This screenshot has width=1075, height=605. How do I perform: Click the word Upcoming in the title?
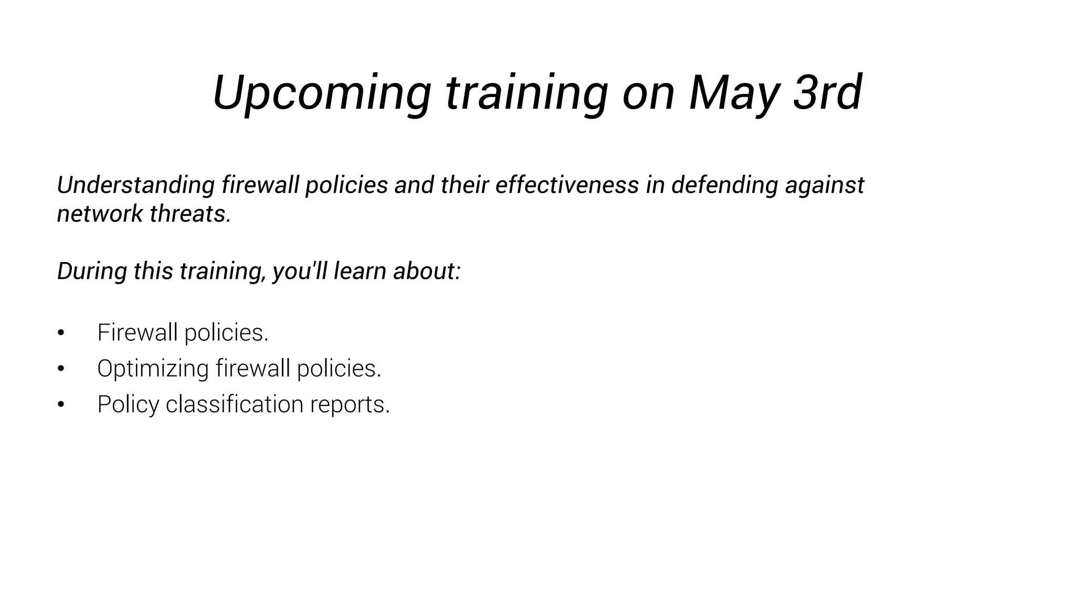pos(322,93)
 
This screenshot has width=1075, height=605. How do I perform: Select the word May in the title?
pos(733,93)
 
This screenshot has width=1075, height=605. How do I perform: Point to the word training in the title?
pos(527,93)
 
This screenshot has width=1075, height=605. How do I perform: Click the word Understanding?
pos(135,185)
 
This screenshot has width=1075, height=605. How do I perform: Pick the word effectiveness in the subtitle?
pos(567,185)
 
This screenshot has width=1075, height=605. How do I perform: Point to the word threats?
pos(191,214)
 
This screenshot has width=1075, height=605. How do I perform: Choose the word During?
pos(92,272)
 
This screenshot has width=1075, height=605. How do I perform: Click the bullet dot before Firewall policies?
pos(61,333)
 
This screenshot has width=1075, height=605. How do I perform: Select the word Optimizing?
pos(153,369)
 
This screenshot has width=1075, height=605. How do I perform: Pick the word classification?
pos(234,404)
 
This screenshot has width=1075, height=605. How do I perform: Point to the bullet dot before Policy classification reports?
pos(61,404)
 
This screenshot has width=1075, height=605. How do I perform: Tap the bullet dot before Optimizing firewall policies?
pos(61,369)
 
